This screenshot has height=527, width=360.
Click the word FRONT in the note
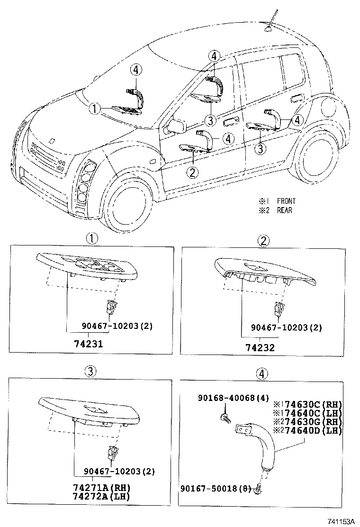286,201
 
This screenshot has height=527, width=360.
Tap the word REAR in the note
284,210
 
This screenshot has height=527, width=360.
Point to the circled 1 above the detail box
91,239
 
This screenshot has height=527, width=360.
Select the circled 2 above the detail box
263,241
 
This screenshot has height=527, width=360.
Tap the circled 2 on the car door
192,173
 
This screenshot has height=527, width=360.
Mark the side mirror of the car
176,127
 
